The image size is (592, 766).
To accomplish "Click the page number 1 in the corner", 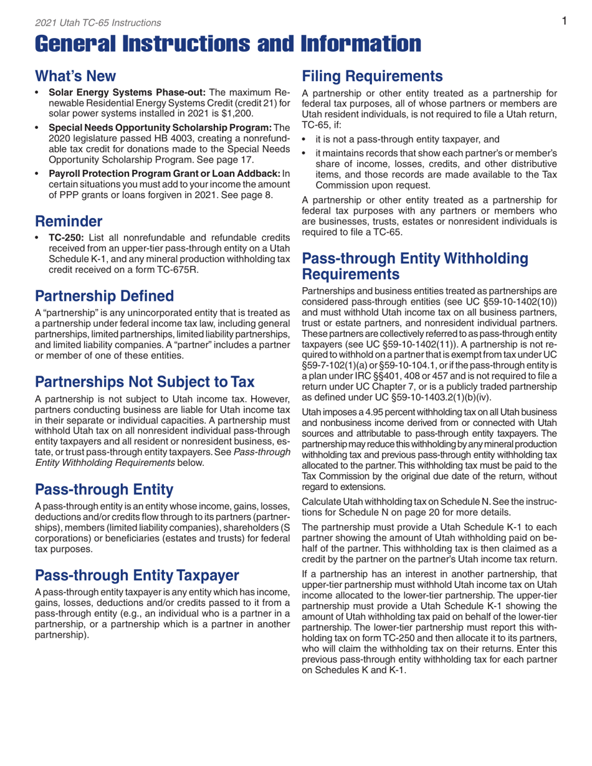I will [x=563, y=22].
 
